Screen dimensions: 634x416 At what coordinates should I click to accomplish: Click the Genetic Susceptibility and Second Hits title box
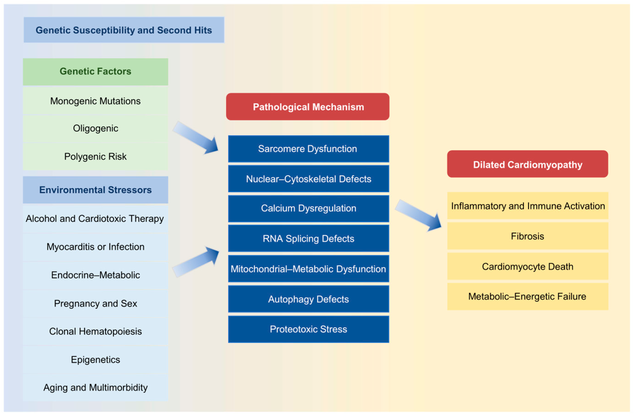124,30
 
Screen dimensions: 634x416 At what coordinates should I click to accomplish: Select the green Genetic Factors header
95,72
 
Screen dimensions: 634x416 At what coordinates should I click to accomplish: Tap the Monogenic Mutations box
95,101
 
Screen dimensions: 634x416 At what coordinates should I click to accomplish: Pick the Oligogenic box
95,129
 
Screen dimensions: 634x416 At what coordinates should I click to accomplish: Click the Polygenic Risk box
95,157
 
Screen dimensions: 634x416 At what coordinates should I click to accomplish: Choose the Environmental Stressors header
95,190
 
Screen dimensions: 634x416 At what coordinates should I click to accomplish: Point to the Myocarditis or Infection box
95,247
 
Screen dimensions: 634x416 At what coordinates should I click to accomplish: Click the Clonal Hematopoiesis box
95,331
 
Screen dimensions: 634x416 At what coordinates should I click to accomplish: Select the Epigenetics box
95,360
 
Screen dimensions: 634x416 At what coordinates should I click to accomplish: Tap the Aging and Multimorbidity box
95,388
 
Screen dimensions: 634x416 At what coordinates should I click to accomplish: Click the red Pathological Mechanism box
308,107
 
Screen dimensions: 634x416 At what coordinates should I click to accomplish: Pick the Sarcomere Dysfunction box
308,149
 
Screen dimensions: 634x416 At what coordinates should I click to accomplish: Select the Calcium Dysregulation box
308,209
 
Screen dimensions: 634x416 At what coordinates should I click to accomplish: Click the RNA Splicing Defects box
308,239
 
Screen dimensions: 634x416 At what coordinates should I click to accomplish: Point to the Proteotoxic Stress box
308,329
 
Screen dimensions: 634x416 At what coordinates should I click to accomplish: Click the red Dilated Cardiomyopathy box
527,164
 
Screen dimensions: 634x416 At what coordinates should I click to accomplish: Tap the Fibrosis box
528,236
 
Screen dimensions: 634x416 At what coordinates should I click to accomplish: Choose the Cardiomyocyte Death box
528,266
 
